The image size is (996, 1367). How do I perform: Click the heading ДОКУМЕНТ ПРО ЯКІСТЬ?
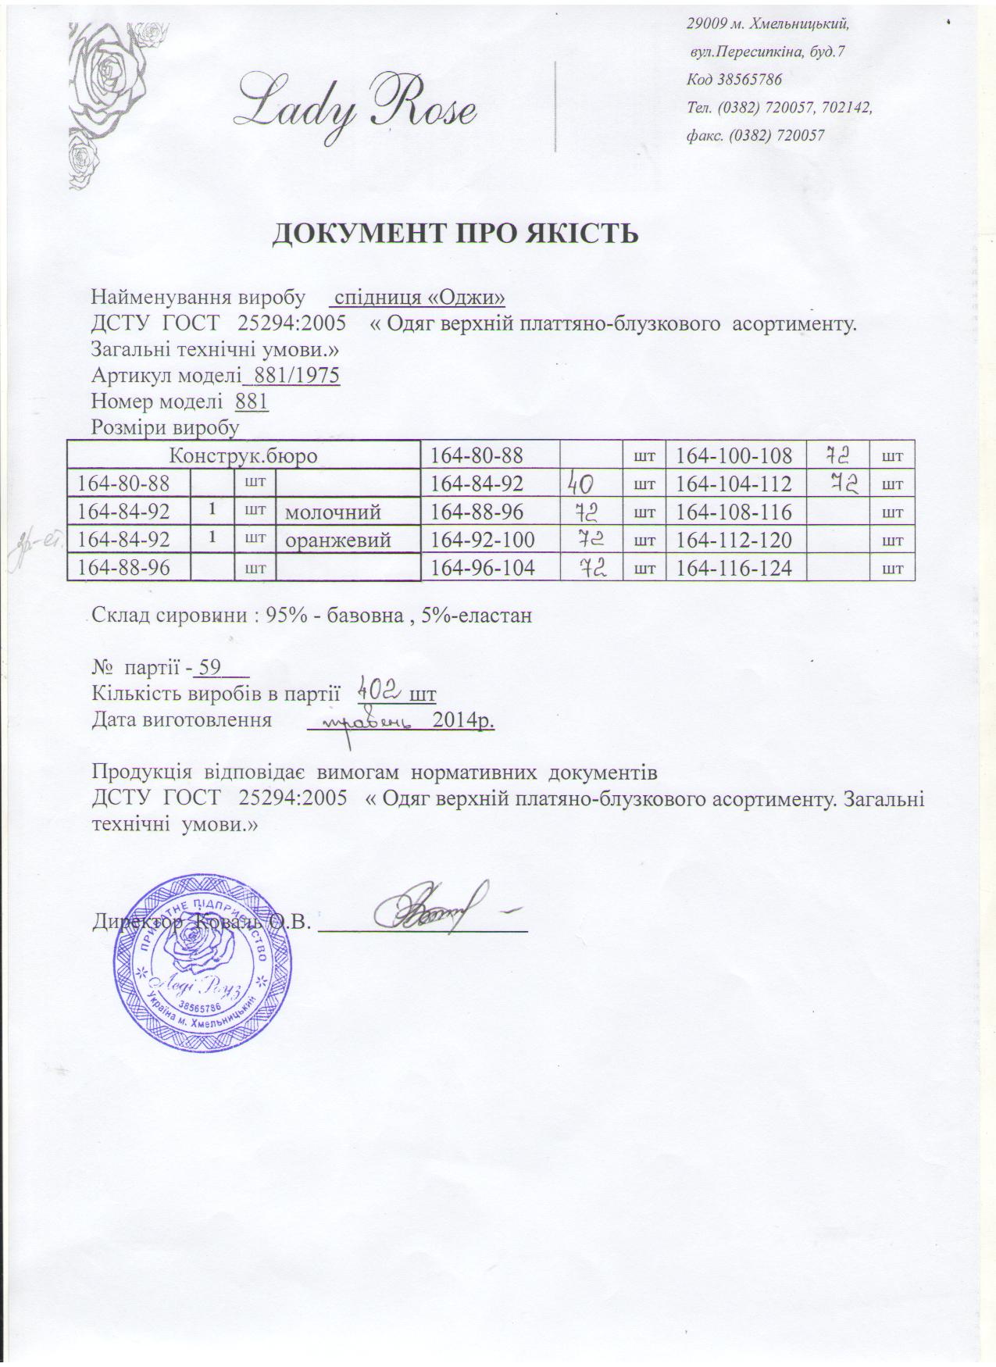click(455, 233)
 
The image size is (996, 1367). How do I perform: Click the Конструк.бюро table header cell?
click(244, 455)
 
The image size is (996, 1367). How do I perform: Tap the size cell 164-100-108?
click(734, 455)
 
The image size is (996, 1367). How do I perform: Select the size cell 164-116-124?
click(734, 568)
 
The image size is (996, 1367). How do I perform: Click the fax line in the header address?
click(755, 135)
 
